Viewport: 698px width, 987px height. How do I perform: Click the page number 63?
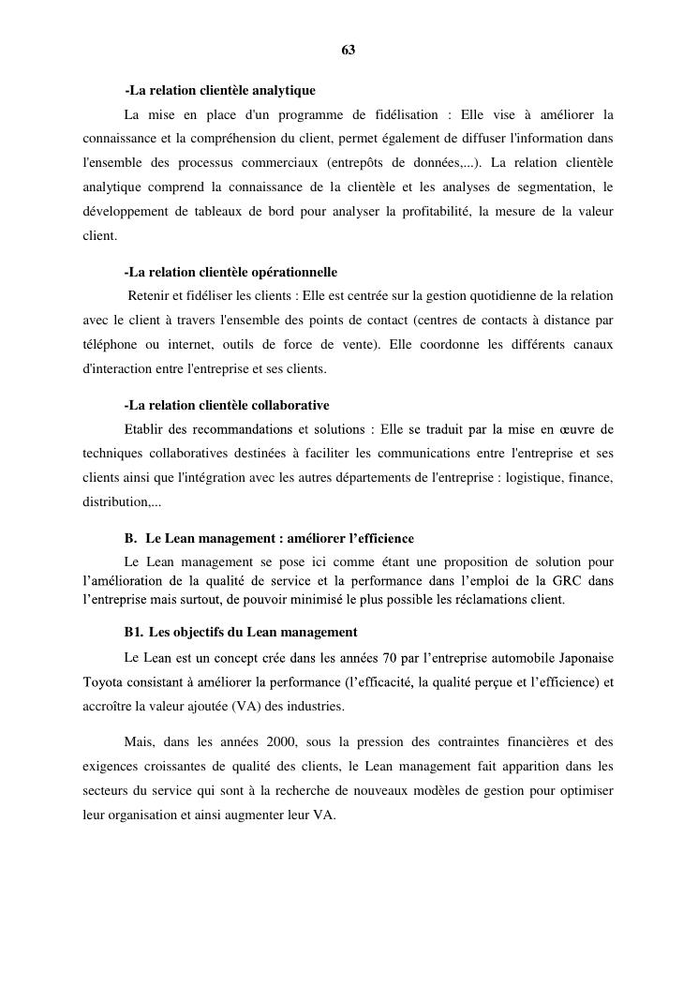pyautogui.click(x=349, y=50)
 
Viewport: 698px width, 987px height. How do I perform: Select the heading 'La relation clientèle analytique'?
pyautogui.click(x=220, y=91)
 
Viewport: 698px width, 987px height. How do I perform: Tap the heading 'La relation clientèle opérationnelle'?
pyautogui.click(x=230, y=273)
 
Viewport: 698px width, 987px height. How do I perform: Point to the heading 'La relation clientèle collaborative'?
pyautogui.click(x=227, y=406)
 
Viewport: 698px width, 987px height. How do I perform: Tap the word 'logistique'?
pyautogui.click(x=532, y=478)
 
